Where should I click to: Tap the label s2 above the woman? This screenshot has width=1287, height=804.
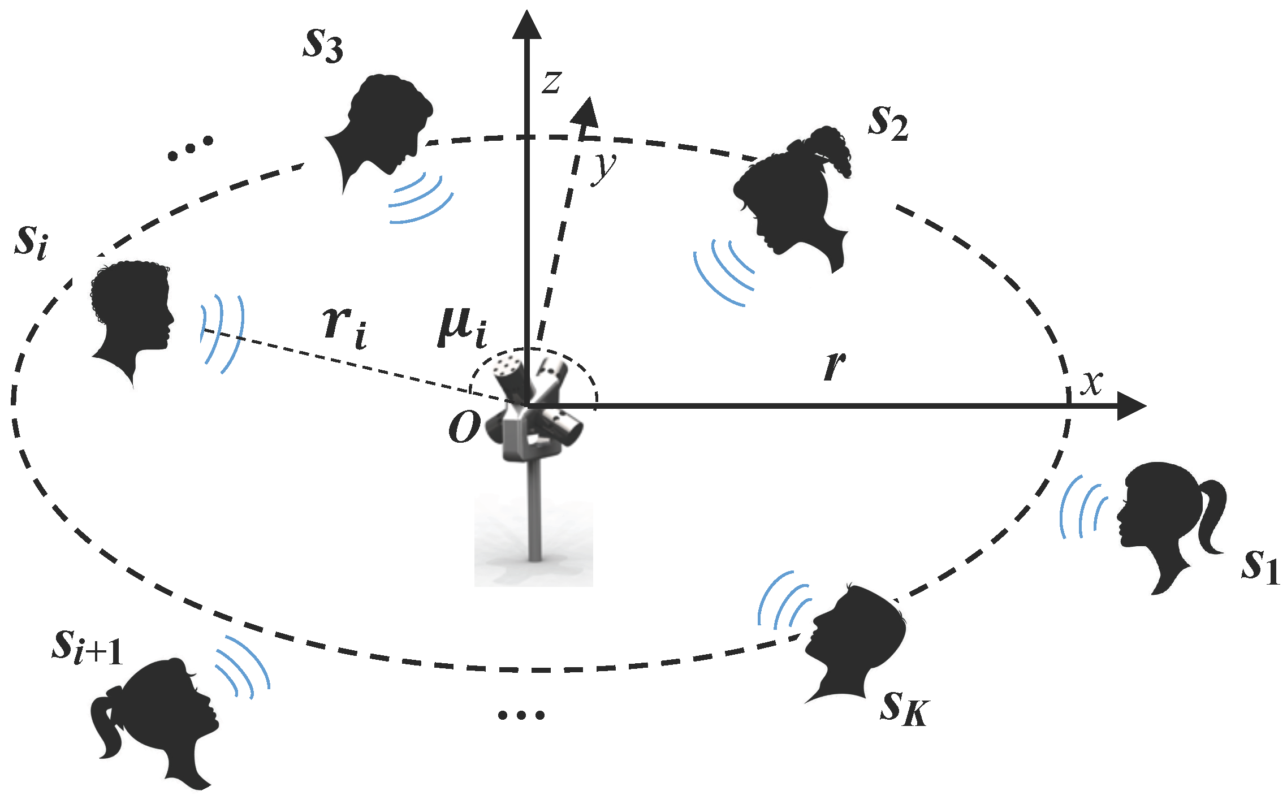888,123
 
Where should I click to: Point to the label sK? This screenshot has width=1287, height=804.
904,708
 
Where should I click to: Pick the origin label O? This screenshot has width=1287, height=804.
464,427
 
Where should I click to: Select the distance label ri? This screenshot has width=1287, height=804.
344,328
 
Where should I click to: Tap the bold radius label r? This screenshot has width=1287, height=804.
835,365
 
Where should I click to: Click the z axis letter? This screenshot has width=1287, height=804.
551,83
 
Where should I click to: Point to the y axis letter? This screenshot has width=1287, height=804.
604,167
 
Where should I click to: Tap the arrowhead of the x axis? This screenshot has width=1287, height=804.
1131,405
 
